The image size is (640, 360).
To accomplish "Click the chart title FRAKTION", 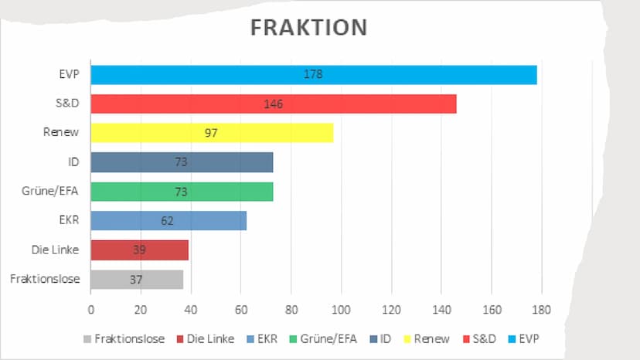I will (308, 28).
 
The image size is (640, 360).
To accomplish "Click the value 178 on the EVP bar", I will (313, 75).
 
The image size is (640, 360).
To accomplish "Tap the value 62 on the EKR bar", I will (168, 221).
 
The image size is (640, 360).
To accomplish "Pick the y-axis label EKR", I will (69, 221).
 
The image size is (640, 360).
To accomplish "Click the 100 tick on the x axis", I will (342, 311).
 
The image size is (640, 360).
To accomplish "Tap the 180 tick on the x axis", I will (542, 311).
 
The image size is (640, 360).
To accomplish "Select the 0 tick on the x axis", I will (91, 311).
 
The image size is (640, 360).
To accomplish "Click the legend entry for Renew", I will (427, 338).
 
